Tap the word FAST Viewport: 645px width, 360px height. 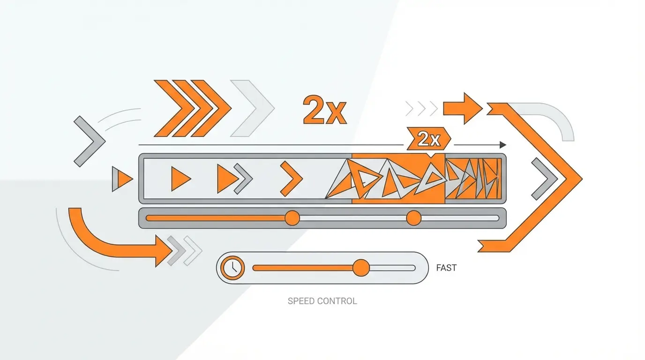(x=446, y=268)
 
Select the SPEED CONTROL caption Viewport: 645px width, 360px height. (x=322, y=301)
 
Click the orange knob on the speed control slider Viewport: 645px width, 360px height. (x=361, y=268)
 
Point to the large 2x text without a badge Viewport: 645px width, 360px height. (x=324, y=111)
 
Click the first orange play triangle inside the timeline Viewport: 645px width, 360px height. (x=179, y=179)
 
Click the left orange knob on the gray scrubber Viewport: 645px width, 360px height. (x=292, y=218)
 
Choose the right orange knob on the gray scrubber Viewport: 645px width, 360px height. (x=414, y=218)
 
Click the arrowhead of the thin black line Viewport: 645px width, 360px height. (x=503, y=145)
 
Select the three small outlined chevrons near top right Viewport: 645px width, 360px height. (x=421, y=109)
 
